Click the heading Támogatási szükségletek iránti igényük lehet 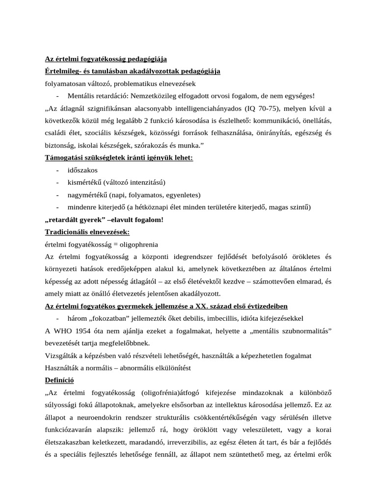pos(119,158)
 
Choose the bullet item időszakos pos(83,170)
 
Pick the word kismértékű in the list pos(85,182)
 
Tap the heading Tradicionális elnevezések pos(87,231)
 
